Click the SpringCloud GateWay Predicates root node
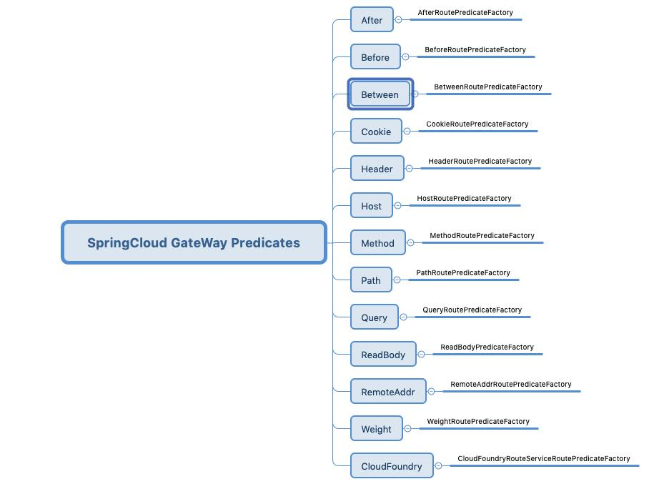(194, 242)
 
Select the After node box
(372, 20)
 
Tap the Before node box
(375, 57)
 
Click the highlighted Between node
(380, 94)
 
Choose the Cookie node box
(376, 132)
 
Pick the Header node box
(377, 169)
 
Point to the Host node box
(371, 206)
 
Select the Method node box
(377, 243)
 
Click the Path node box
(371, 280)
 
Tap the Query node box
(374, 317)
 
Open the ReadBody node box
(383, 355)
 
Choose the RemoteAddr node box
(388, 392)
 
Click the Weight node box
(376, 429)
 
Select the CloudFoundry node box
(392, 466)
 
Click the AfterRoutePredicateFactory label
(465, 13)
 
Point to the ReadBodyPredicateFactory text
(487, 347)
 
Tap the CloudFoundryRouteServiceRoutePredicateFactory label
(544, 459)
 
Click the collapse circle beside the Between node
(415, 94)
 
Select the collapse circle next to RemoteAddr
(431, 392)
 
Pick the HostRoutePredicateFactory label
(465, 199)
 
